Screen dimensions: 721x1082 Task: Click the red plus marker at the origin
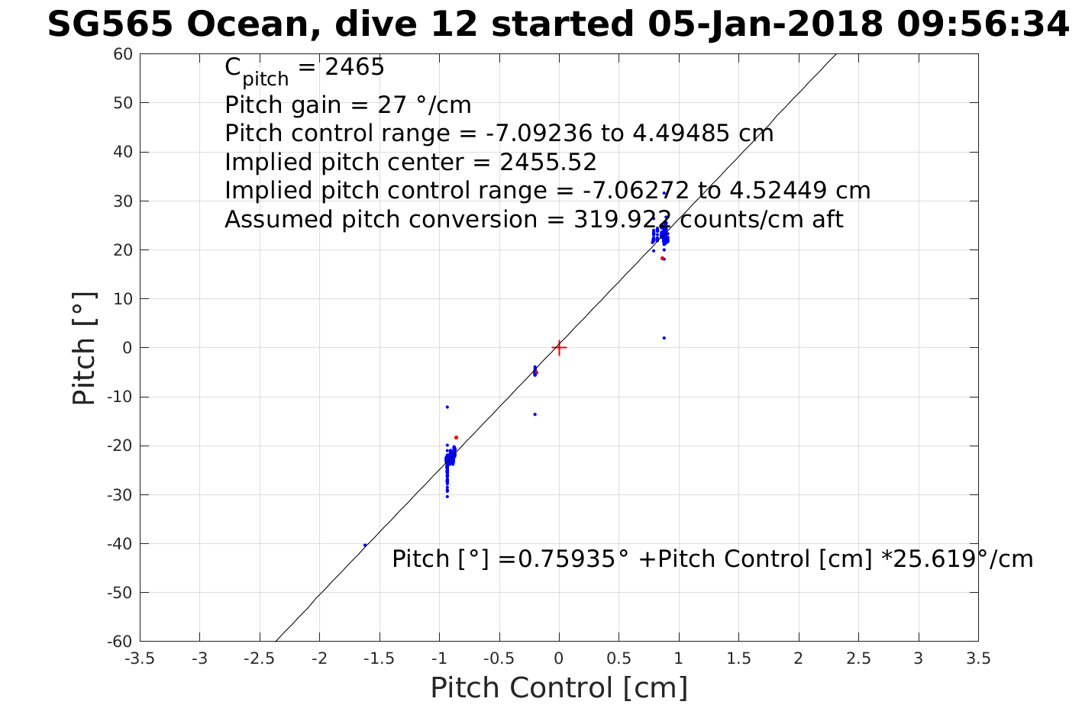click(x=559, y=348)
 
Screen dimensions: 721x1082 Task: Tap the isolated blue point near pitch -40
click(x=365, y=545)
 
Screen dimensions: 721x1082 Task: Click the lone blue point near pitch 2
click(x=664, y=338)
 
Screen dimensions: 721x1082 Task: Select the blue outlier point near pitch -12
click(x=447, y=407)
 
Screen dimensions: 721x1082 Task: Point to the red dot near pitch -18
click(x=456, y=437)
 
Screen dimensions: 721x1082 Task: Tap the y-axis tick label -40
click(x=120, y=544)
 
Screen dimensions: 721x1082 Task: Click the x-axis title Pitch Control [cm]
click(x=559, y=688)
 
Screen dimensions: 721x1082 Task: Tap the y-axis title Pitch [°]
click(x=84, y=348)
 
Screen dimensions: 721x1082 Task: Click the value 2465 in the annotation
click(x=354, y=68)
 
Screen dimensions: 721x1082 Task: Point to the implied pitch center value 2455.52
click(x=548, y=163)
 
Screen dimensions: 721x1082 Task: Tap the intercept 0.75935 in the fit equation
click(x=567, y=559)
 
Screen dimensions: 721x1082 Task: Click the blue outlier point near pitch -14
click(x=535, y=414)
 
